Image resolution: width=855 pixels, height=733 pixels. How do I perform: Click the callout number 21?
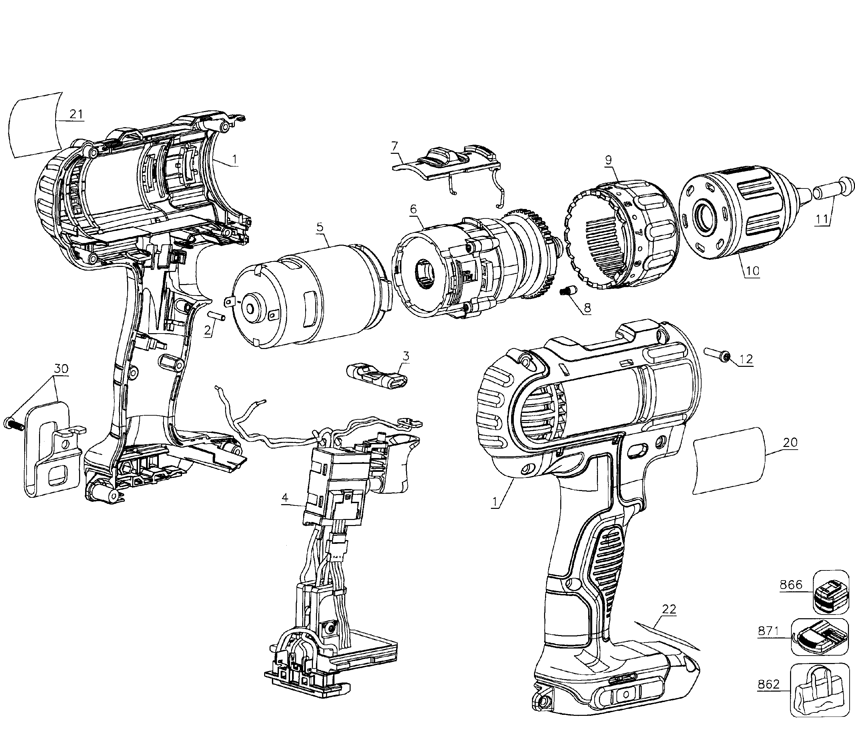coord(76,114)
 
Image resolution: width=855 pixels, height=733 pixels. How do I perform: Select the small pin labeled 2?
coord(217,315)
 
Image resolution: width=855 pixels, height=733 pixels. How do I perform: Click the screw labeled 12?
coord(718,354)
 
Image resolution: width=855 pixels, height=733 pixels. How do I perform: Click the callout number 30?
coord(61,369)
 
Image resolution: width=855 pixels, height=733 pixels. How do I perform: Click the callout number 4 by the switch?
coord(285,498)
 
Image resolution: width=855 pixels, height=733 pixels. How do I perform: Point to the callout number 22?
coord(669,609)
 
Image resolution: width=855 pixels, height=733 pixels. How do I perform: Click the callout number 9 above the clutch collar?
coord(609,160)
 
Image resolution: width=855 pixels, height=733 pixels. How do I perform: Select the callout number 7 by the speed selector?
coord(395,146)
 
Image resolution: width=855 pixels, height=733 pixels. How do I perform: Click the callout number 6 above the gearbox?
coord(414,209)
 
